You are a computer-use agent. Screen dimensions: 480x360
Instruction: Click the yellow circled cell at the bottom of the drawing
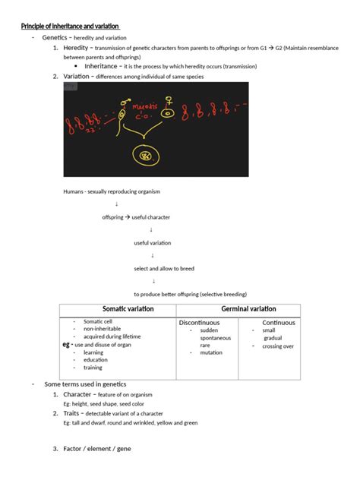(x=142, y=156)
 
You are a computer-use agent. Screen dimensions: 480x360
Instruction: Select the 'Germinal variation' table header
(x=248, y=309)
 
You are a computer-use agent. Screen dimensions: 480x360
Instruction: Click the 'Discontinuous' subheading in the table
(x=199, y=323)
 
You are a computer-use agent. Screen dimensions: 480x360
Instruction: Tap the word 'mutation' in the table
(x=211, y=352)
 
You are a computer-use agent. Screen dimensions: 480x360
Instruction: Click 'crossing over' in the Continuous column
(x=278, y=346)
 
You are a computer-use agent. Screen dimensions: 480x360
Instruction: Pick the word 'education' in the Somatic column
(x=96, y=360)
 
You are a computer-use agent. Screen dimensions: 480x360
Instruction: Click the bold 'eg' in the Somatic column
(x=66, y=345)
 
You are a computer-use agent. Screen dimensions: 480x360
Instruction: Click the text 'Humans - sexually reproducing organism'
(x=112, y=191)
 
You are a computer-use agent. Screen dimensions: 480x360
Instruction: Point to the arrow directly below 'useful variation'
(x=153, y=255)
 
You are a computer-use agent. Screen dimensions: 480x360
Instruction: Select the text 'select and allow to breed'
(x=165, y=268)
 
